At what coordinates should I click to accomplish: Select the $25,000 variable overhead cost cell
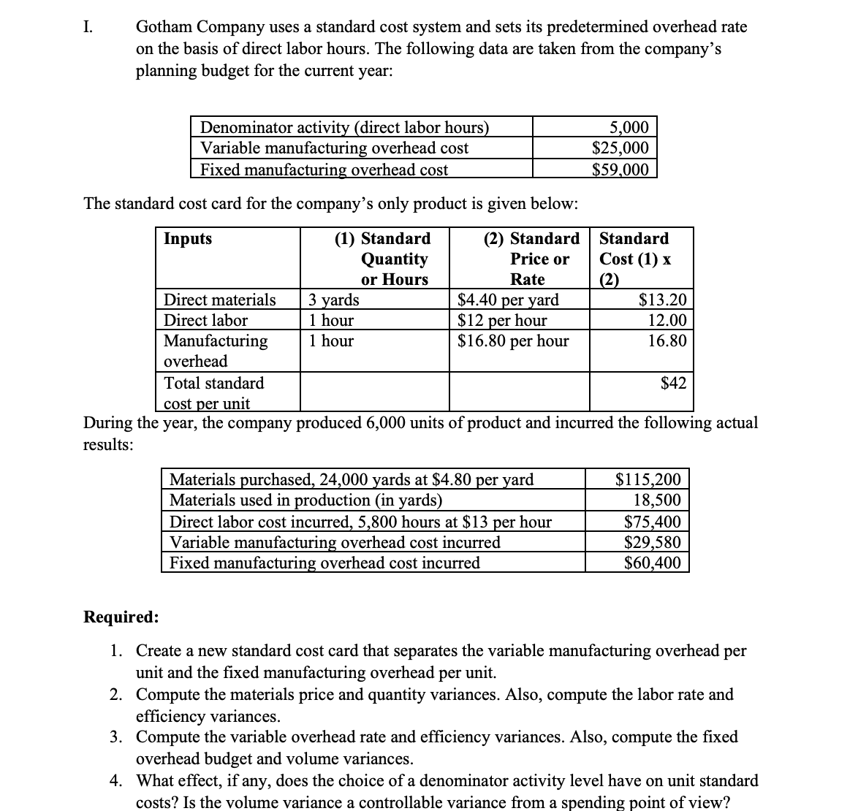pyautogui.click(x=620, y=148)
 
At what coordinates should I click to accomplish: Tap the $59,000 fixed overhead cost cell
pyautogui.click(x=620, y=170)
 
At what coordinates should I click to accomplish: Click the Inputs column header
pyautogui.click(x=188, y=239)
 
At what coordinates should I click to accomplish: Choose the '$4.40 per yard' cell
pyautogui.click(x=508, y=300)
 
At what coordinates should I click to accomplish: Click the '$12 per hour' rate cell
pyautogui.click(x=502, y=320)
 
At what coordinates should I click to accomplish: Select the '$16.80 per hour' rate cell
pyautogui.click(x=513, y=340)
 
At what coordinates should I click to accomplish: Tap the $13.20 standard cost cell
pyautogui.click(x=662, y=300)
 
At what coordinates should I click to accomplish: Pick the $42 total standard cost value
pyautogui.click(x=673, y=383)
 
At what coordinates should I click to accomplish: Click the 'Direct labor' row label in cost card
pyautogui.click(x=205, y=320)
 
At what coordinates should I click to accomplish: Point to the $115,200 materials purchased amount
pyautogui.click(x=648, y=480)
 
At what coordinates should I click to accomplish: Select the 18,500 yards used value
pyautogui.click(x=657, y=500)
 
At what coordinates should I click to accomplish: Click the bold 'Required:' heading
pyautogui.click(x=121, y=617)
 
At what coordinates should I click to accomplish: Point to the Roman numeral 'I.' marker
pyautogui.click(x=88, y=28)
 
